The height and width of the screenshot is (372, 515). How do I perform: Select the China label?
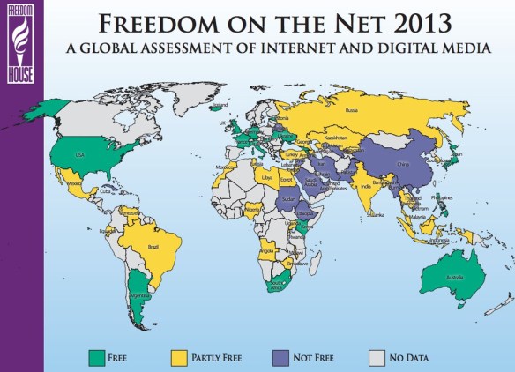pyautogui.click(x=401, y=163)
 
